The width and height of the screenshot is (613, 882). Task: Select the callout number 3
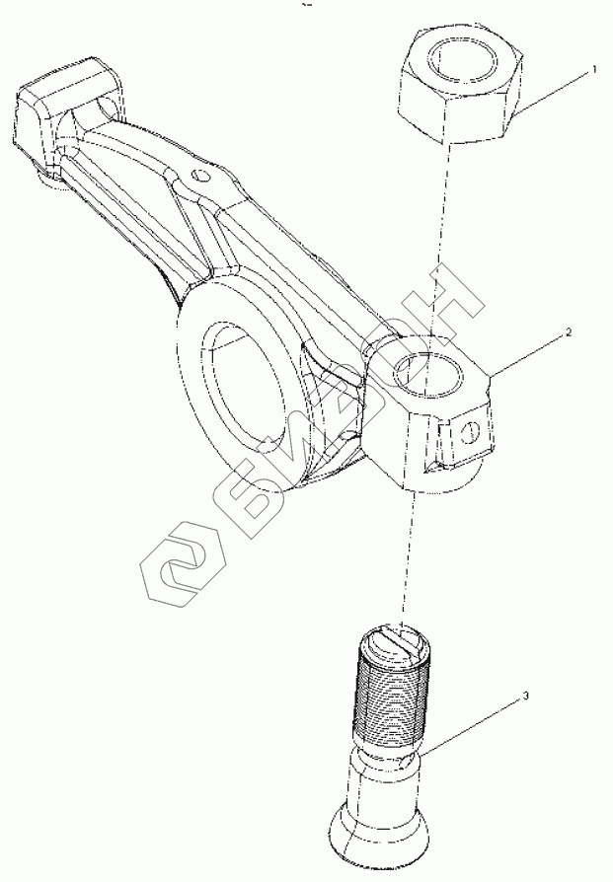point(525,696)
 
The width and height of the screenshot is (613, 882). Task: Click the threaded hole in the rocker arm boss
point(426,373)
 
